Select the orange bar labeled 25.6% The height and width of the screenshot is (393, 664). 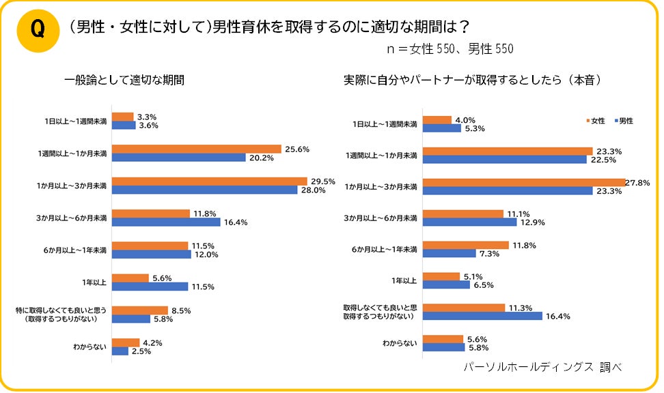point(197,149)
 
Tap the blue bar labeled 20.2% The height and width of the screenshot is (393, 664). point(179,158)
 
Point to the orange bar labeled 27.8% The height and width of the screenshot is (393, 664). point(524,181)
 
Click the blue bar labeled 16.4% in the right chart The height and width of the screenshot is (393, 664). point(483,316)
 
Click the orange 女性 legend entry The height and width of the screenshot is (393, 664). point(595,121)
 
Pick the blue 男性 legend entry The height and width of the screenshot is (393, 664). point(623,121)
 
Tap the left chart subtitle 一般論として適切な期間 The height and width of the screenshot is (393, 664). point(125,80)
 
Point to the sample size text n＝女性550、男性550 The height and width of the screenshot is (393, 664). point(448,49)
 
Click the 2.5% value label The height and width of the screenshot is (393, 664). point(141,351)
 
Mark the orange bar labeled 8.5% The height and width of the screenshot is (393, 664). point(139,310)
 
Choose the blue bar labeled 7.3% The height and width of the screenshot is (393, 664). point(449,254)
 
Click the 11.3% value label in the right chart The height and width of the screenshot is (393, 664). point(521,307)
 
